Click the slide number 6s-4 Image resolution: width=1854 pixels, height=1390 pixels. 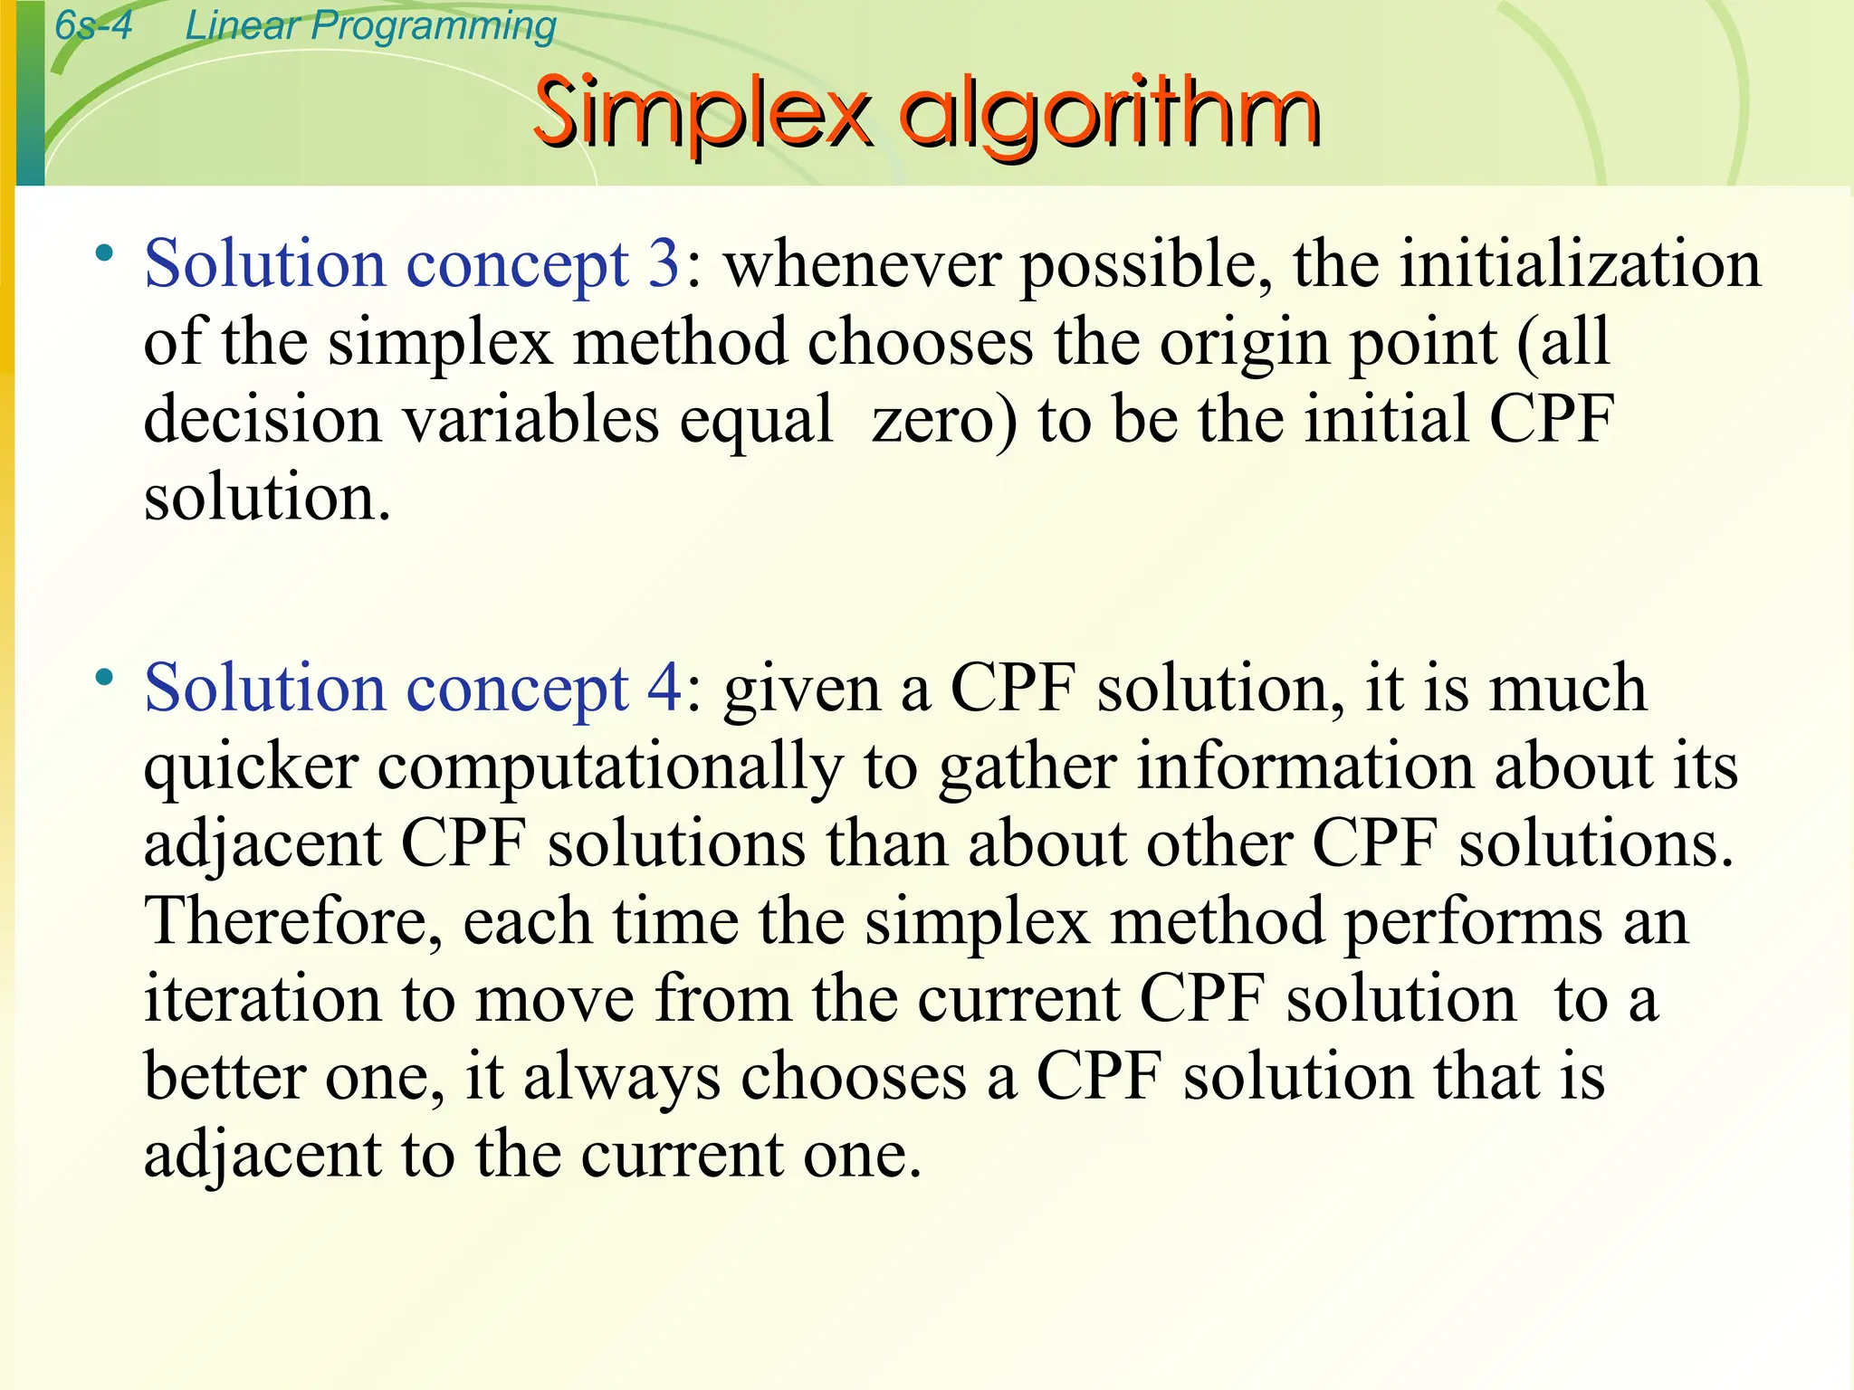coord(93,24)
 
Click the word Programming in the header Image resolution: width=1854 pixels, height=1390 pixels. coord(433,27)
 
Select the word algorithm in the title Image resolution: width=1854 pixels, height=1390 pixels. coord(1109,116)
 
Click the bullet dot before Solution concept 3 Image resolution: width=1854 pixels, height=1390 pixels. coord(106,252)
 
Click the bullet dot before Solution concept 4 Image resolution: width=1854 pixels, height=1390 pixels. coord(106,677)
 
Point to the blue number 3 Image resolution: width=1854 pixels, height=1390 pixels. coord(664,264)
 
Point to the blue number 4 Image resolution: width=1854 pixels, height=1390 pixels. coord(664,689)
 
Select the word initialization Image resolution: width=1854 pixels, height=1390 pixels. coord(1581,264)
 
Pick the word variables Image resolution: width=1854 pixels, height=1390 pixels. coord(530,421)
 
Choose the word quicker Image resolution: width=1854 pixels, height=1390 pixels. coord(252,768)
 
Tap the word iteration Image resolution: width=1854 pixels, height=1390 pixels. coord(263,999)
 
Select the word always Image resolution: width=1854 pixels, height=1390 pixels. coord(622,1078)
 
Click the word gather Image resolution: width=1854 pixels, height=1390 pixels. coord(1027,768)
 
